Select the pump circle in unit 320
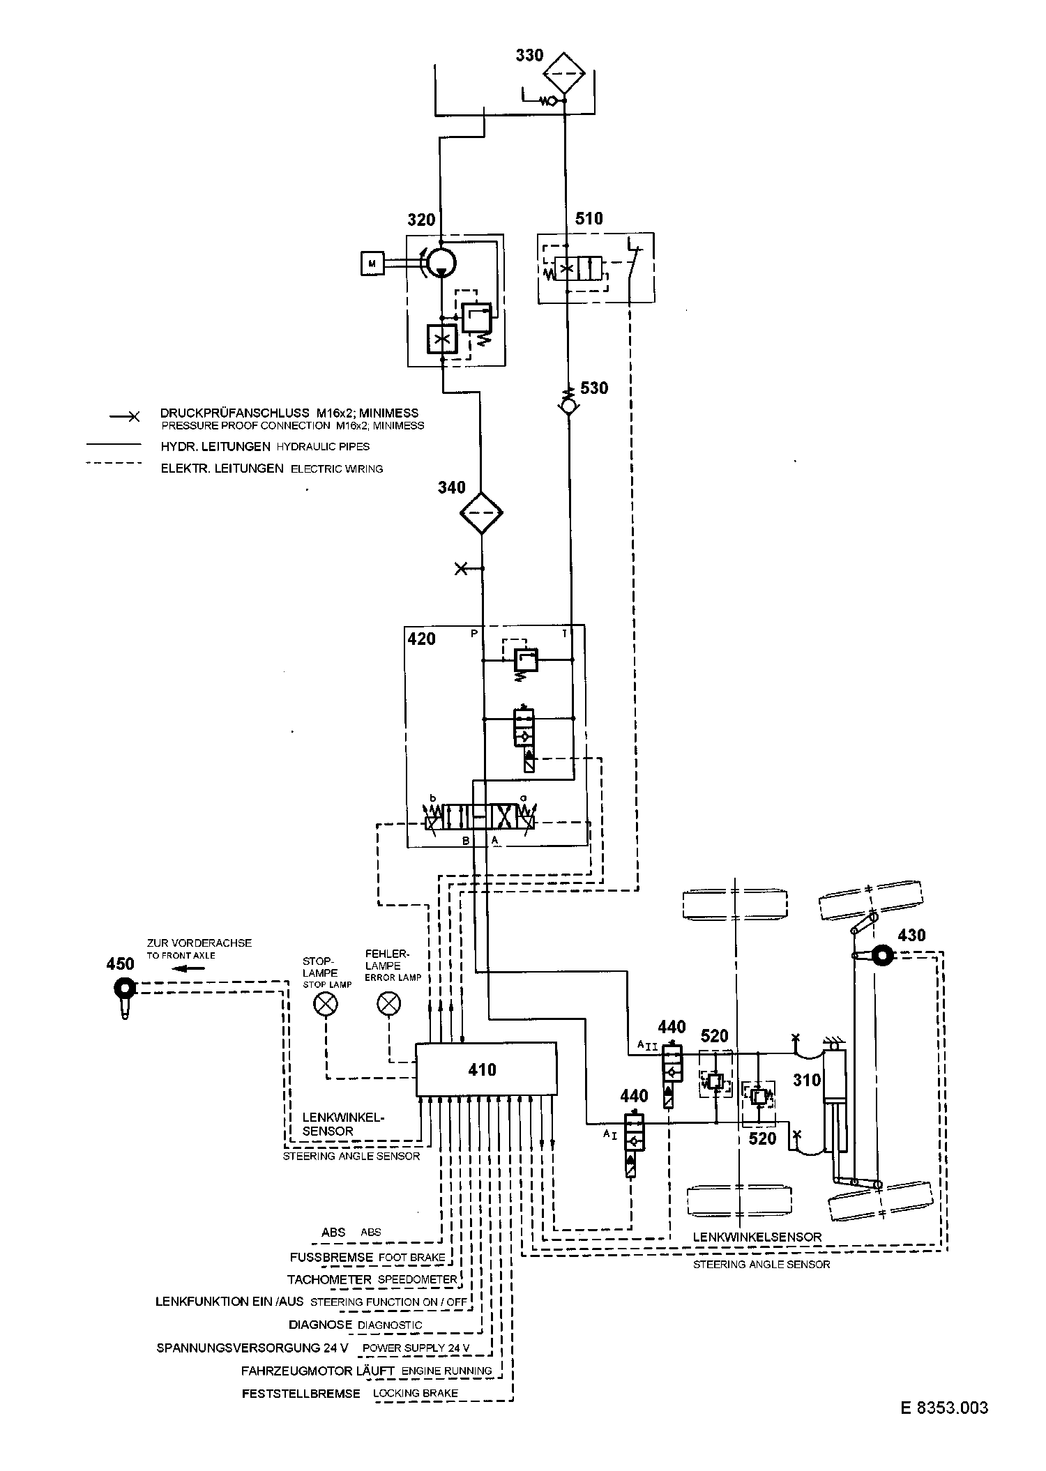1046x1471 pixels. pos(441,261)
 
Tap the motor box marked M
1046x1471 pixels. pos(372,263)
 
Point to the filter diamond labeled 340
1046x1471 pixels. pos(481,512)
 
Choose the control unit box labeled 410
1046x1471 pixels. pos(486,1069)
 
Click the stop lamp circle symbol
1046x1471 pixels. pos(326,1004)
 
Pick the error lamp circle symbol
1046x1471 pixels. pos(388,1004)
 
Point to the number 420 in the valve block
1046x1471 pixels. pos(422,639)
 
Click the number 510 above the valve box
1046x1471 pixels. pos(589,218)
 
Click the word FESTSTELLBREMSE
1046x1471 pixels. pos(301,1394)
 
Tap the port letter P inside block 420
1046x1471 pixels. pos(475,634)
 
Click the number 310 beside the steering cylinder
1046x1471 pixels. pos(807,1080)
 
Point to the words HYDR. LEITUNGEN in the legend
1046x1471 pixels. pos(215,446)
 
